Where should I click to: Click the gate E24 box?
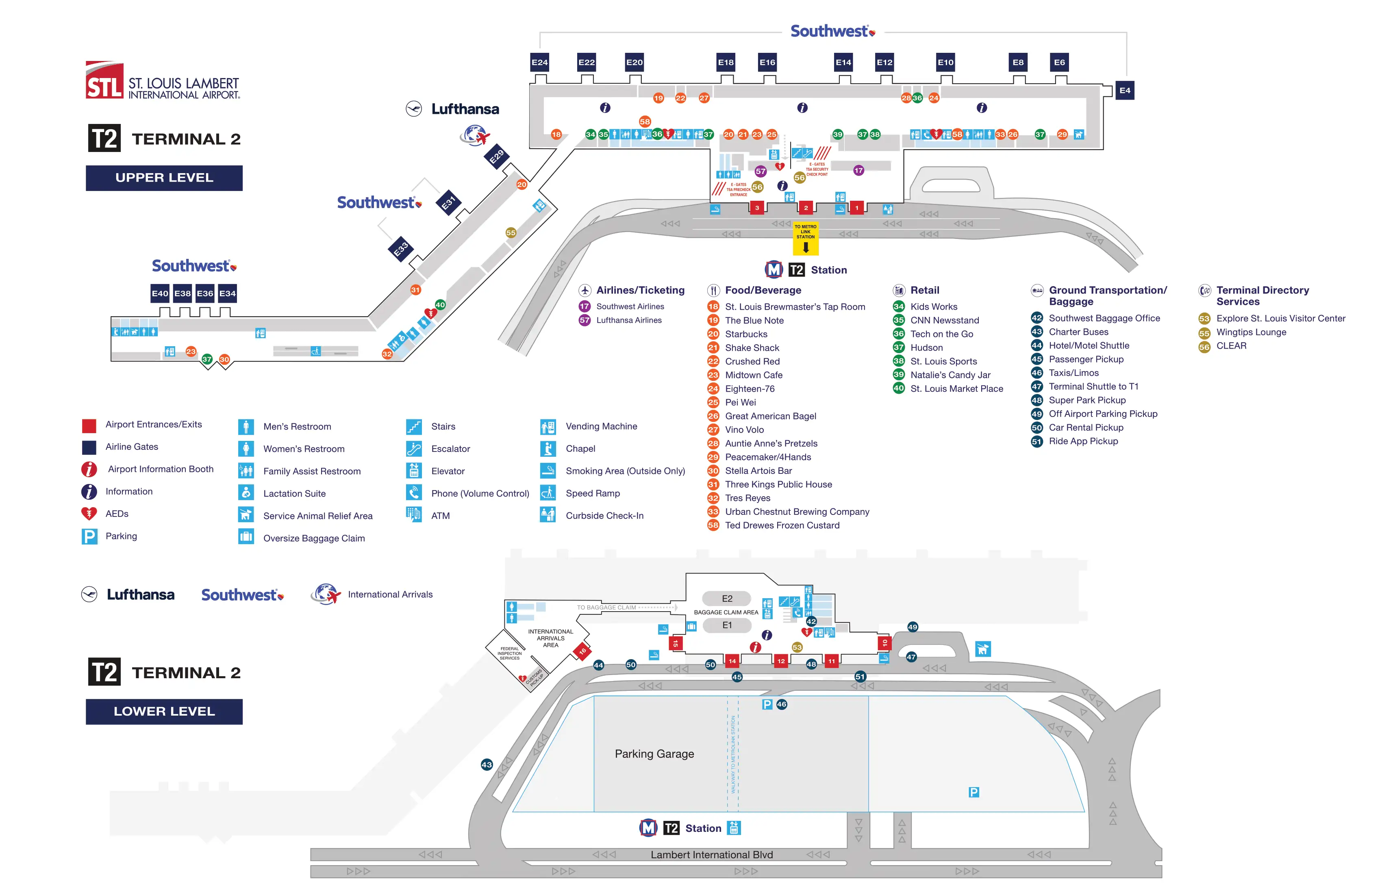539,62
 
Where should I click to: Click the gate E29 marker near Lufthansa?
496,157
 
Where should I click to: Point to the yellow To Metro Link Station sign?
805,239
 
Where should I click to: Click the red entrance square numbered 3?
756,208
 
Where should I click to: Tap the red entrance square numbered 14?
732,661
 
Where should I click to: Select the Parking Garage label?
654,753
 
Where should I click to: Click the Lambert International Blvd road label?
711,855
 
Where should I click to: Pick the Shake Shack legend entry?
752,348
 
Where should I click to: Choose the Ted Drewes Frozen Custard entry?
782,525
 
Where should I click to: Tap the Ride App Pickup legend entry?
1083,441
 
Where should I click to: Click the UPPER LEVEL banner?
164,178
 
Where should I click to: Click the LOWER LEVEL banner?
164,711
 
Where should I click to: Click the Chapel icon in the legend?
548,449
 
